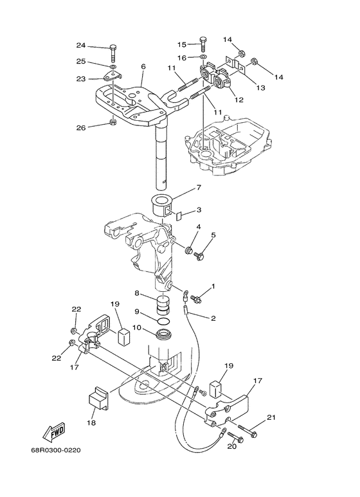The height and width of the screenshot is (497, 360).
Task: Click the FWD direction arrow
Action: tap(54, 432)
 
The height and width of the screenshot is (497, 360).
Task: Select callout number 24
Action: tap(81, 45)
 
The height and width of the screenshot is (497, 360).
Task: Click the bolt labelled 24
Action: tap(114, 55)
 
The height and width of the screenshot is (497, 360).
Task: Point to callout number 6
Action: tap(143, 67)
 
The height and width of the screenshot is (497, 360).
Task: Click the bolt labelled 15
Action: tap(203, 45)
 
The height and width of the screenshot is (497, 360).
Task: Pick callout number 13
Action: tap(260, 87)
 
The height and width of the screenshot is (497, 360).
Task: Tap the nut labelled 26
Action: tap(112, 122)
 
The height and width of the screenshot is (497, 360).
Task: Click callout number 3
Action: tap(199, 210)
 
